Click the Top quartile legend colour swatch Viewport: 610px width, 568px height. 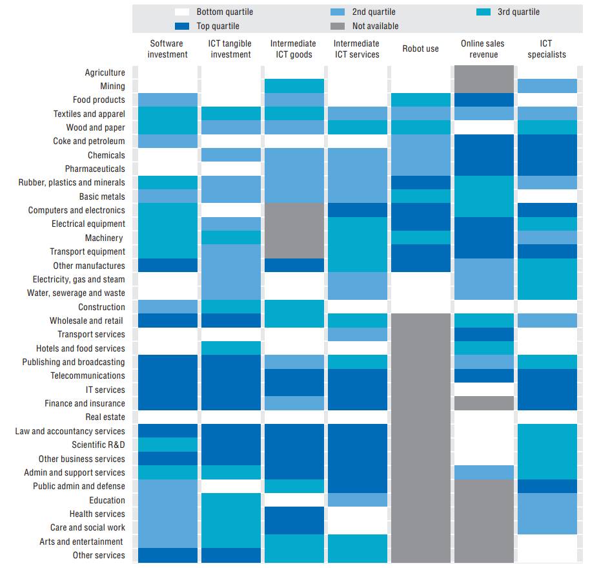pos(181,26)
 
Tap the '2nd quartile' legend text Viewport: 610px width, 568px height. pos(374,12)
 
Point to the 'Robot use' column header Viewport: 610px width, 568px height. pos(420,48)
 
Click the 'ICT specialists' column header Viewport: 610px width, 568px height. pos(547,49)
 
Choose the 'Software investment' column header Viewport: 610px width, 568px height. pos(167,49)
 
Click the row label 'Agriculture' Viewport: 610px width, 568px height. pos(105,72)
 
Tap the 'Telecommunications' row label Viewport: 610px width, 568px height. pos(88,375)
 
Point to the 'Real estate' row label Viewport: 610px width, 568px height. pos(105,417)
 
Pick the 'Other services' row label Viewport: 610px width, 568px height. pos(99,555)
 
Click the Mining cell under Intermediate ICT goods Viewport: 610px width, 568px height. pos(294,86)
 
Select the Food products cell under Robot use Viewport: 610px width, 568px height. pos(420,100)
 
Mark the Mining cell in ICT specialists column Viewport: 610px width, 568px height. pos(547,86)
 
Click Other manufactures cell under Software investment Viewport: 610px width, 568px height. pos(167,266)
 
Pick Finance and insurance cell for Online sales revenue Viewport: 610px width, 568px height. pos(483,403)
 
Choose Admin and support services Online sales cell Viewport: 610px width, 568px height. pos(483,472)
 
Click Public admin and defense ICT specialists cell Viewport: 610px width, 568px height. pos(547,486)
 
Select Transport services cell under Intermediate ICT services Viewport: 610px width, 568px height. pos(357,334)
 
